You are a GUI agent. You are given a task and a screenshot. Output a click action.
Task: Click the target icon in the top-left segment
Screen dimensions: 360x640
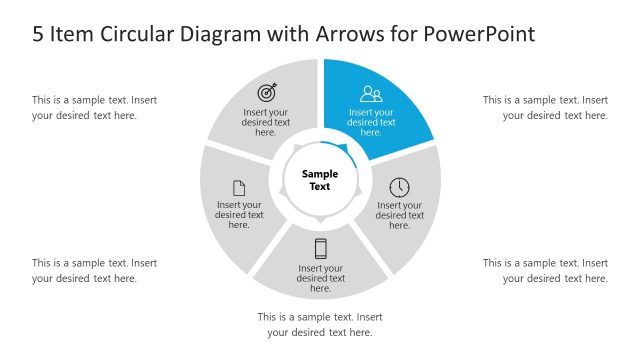pyautogui.click(x=267, y=92)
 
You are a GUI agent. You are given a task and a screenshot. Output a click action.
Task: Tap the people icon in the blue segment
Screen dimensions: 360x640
pyautogui.click(x=371, y=94)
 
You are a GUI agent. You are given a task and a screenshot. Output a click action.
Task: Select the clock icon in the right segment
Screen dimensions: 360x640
pyautogui.click(x=399, y=187)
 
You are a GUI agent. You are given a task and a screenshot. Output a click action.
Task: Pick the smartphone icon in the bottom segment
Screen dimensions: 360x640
pyautogui.click(x=321, y=248)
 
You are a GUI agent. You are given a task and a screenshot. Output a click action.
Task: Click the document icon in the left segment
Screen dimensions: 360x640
pyautogui.click(x=239, y=187)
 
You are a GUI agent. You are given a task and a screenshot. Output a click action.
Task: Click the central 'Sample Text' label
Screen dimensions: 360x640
pyautogui.click(x=320, y=180)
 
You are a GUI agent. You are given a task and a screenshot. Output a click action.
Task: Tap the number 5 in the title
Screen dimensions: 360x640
pyautogui.click(x=38, y=34)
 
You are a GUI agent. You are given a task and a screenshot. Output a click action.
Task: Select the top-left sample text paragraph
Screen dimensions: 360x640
pyautogui.click(x=94, y=107)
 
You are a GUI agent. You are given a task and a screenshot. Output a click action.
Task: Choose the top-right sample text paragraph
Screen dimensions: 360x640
pyautogui.click(x=545, y=107)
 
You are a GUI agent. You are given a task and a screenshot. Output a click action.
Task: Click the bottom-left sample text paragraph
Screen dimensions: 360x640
pyautogui.click(x=94, y=270)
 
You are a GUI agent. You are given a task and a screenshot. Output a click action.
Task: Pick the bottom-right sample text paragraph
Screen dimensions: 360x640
pyautogui.click(x=545, y=270)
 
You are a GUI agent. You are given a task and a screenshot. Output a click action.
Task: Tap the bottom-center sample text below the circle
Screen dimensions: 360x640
pyautogui.click(x=320, y=324)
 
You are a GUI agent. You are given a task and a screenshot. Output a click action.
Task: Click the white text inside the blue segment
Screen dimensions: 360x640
pyautogui.click(x=371, y=122)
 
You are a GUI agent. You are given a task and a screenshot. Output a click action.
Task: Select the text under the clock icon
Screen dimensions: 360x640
pyautogui.click(x=399, y=215)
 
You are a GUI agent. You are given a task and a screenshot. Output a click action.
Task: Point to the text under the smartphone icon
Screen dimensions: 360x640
pyautogui.click(x=321, y=278)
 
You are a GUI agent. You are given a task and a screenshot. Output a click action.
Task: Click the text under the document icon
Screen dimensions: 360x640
pyautogui.click(x=239, y=215)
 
